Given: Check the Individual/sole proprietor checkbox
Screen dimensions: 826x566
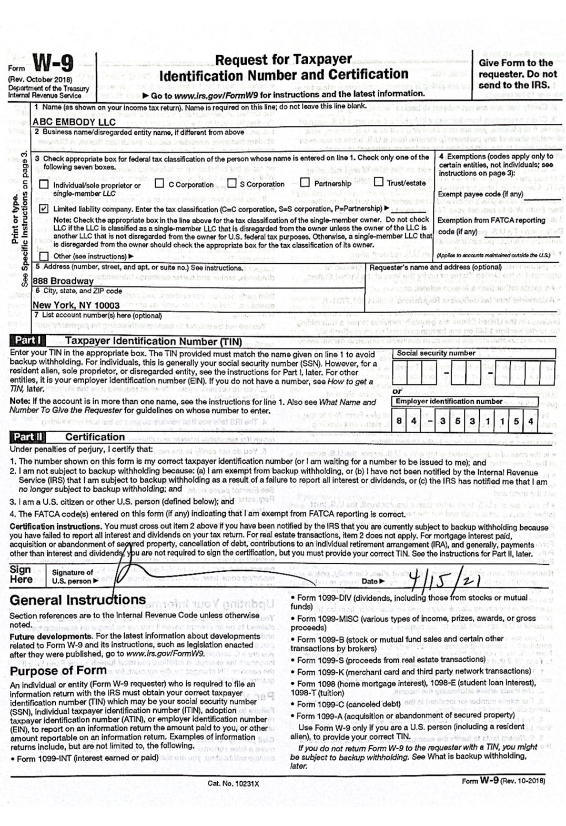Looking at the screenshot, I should coord(44,184).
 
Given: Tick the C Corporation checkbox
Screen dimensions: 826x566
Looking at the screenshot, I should coord(159,184).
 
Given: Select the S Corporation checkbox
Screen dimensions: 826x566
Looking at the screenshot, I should coord(231,184).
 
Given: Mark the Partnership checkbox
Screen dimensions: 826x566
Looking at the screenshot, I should coord(305,183).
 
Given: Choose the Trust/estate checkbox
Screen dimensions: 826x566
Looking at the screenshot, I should coord(378,183).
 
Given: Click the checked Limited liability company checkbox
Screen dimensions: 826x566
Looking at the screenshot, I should coord(44,209).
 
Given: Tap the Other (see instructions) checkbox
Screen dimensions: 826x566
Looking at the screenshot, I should coord(44,256).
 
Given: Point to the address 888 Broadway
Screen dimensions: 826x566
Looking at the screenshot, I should coord(63,281).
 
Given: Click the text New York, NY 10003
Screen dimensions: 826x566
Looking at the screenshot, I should coord(76,305).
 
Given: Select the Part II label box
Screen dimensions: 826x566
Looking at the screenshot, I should coord(29,437).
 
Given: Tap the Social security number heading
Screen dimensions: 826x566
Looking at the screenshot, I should coord(436,353).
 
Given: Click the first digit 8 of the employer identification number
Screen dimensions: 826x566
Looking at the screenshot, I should coord(400,421).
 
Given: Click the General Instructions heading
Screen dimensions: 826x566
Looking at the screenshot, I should coord(78,600).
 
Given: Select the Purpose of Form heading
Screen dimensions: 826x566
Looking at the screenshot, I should coord(58,671).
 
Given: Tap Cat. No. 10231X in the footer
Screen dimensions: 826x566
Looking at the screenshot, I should coord(234,783).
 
